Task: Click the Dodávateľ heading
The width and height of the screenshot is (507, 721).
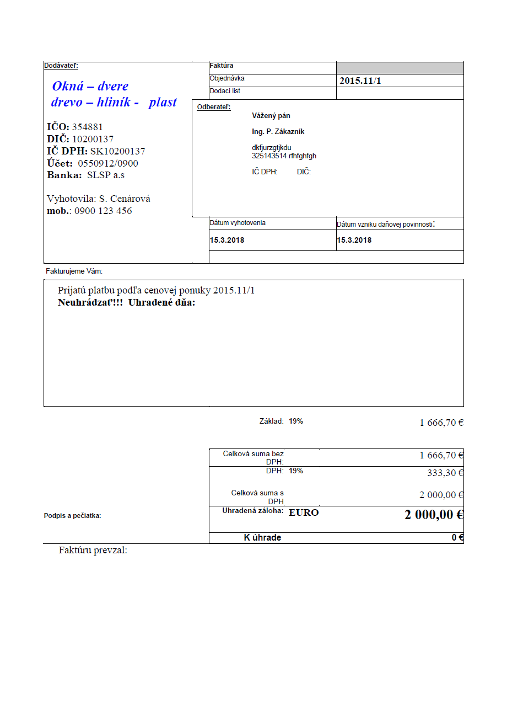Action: point(61,66)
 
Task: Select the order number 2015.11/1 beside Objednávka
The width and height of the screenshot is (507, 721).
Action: point(360,81)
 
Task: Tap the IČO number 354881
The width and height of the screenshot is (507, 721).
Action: point(88,127)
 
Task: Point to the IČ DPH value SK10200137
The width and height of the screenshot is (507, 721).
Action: point(118,151)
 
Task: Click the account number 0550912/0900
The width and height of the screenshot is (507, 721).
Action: point(108,163)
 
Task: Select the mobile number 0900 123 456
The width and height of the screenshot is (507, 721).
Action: point(103,211)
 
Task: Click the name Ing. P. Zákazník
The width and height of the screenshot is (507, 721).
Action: point(278,132)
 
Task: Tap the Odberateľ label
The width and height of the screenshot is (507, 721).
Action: point(214,107)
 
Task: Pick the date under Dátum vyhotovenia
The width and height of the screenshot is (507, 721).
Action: point(227,241)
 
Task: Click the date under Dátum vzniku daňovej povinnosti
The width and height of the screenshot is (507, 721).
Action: point(354,241)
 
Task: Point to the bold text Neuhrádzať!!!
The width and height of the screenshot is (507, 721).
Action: point(90,302)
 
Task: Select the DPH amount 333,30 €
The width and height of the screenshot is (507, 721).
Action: point(445,473)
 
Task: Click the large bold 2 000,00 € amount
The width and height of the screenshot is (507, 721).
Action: point(434,515)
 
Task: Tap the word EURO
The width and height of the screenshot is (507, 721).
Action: point(304,512)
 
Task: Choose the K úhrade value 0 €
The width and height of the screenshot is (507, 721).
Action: point(457,538)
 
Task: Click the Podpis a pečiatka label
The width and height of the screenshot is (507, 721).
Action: point(72,516)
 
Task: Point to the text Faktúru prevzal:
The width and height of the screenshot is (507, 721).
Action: point(93,550)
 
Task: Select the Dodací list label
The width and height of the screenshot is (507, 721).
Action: point(225,91)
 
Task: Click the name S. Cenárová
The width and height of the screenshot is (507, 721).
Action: point(125,199)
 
